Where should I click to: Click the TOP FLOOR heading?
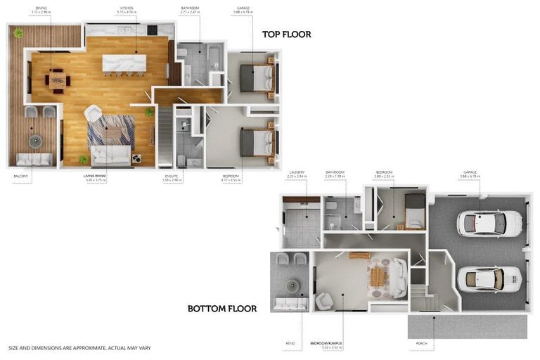coord(286,34)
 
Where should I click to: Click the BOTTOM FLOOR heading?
coord(221,309)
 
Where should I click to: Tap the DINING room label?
coord(41,8)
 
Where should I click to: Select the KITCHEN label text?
coord(127,8)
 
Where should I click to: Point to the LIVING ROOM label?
coord(95,176)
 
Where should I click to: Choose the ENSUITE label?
coord(172,176)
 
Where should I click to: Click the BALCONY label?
coord(20,176)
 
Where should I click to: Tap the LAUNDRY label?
coord(296,172)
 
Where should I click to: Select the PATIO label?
coord(290,344)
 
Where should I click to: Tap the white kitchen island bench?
coord(124,63)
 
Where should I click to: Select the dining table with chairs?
coord(58,80)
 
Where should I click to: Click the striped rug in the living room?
coord(110,130)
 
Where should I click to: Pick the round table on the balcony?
coord(35,141)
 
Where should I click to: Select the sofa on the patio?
coord(289,304)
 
